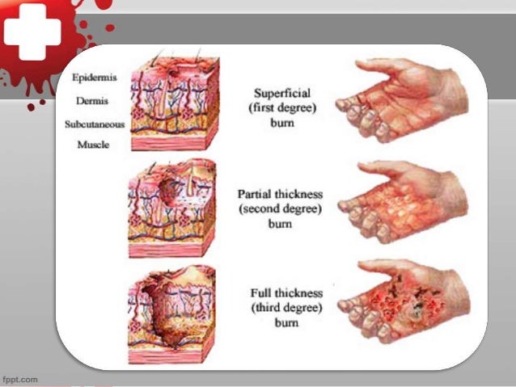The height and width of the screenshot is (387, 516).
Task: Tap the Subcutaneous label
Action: pos(94,124)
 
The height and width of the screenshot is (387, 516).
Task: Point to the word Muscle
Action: pos(93,145)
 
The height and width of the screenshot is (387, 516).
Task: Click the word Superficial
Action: pos(279,92)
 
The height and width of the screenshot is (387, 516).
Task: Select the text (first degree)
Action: pos(279,107)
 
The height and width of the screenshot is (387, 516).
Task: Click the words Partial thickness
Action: pos(279,195)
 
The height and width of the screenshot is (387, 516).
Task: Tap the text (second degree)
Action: pos(279,208)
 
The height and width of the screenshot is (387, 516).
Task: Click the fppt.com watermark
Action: pos(19,378)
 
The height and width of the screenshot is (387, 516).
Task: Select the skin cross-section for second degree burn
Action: pos(171,206)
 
